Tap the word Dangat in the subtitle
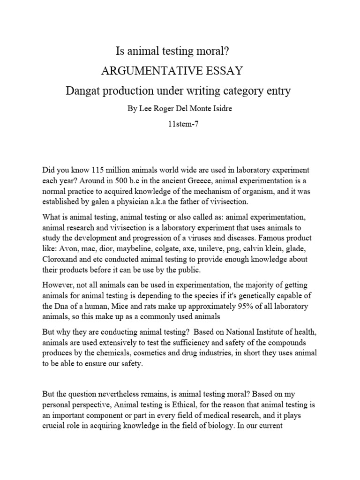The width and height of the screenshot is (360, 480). tap(82, 91)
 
